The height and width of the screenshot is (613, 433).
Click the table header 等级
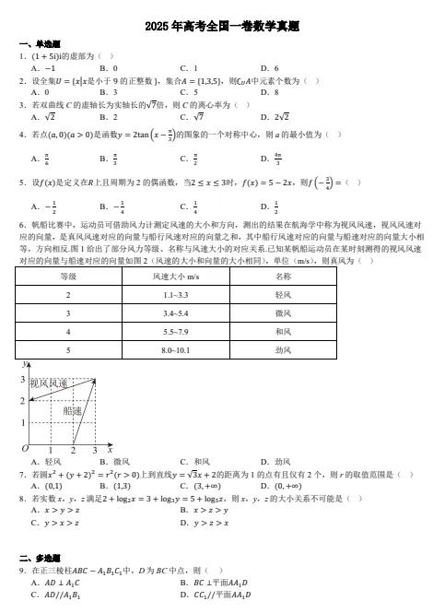coord(68,276)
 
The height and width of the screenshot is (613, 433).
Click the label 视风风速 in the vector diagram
coord(48,383)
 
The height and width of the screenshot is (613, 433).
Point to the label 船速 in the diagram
coord(73,411)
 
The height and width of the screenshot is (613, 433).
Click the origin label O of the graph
coord(25,447)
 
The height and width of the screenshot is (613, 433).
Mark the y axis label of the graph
coord(24,366)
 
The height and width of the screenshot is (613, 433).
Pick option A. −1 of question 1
coord(43,68)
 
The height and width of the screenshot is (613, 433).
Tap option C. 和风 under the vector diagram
coord(197,461)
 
